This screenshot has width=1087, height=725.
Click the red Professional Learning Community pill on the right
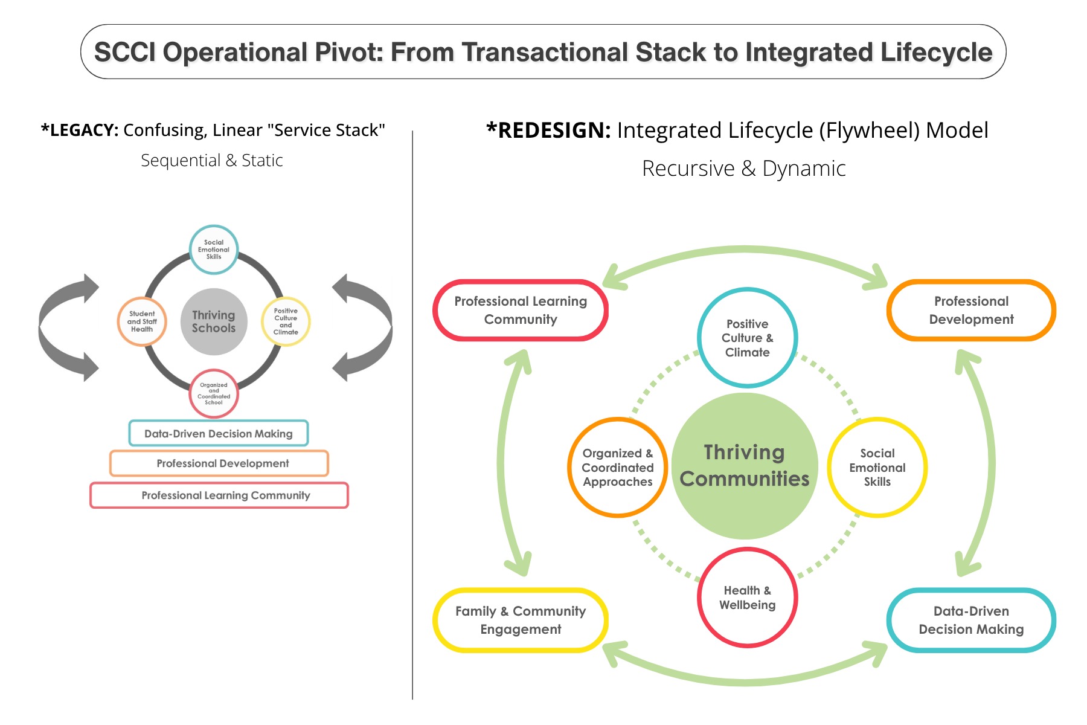click(521, 310)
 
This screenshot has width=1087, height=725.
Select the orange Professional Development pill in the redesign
click(971, 310)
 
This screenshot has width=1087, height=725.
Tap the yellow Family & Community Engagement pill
click(521, 620)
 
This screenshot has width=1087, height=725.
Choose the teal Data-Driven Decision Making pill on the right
click(971, 620)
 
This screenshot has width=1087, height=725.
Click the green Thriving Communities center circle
click(745, 466)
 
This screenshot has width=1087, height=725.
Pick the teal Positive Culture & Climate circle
click(748, 338)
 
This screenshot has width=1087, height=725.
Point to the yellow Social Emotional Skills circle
click(877, 467)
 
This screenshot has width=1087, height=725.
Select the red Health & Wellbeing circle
click(748, 598)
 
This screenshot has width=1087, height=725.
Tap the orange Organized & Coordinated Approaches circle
click(618, 467)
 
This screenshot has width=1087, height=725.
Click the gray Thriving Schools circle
click(214, 321)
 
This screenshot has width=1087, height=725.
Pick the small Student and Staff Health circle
click(142, 321)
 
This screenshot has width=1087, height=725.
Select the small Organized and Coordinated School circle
click(214, 393)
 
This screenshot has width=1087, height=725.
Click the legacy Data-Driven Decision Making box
click(219, 433)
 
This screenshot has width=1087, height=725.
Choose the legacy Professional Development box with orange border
click(219, 463)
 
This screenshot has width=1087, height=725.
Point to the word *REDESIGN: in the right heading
click(548, 130)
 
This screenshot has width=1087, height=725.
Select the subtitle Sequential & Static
click(212, 161)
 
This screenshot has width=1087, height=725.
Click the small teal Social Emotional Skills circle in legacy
click(214, 250)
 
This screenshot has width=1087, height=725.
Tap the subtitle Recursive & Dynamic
click(743, 169)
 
